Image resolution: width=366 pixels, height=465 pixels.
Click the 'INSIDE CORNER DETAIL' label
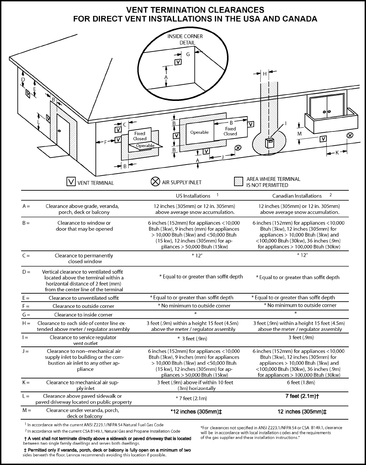tap(185, 39)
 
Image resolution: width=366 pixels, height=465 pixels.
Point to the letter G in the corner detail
tap(187, 54)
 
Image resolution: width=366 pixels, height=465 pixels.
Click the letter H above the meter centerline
tap(265, 73)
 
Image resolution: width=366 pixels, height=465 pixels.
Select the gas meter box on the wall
tap(270, 143)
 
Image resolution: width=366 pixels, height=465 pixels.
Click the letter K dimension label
tap(338, 153)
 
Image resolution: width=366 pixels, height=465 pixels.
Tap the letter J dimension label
tap(223, 157)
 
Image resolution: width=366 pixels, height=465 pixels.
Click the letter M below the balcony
tap(300, 134)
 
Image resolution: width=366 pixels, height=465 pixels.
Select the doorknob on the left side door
tap(59, 131)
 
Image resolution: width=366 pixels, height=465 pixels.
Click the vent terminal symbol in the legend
tap(71, 182)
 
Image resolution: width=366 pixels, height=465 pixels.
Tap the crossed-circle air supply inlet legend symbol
tap(155, 182)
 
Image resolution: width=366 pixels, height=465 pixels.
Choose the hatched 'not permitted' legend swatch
tap(239, 182)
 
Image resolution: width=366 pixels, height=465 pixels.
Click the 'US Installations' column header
tap(193, 196)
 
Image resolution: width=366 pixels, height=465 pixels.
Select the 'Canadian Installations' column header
tap(297, 196)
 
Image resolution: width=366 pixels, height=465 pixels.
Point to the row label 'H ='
tap(26, 323)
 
